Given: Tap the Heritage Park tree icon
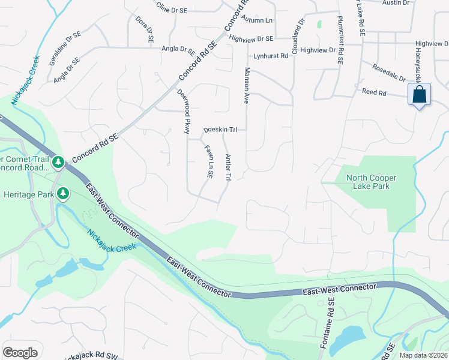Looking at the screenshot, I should point(62,193).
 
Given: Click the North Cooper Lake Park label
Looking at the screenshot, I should point(368,182).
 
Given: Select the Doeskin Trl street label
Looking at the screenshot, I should point(221,130).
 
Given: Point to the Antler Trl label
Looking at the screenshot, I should point(228,167).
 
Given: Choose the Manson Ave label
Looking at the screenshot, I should point(246,86).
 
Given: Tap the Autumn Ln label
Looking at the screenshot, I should point(257,20).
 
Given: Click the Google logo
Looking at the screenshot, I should point(20,352).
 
